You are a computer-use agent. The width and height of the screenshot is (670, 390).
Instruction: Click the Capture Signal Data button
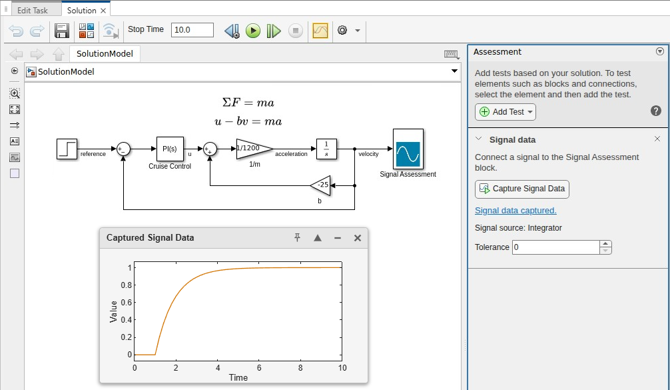[x=521, y=189]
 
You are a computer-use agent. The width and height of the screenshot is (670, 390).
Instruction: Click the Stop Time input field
[x=192, y=30]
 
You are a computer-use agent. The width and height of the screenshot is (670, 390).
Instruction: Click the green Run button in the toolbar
[x=252, y=31]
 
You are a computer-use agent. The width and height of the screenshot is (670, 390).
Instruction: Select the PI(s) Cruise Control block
[x=170, y=149]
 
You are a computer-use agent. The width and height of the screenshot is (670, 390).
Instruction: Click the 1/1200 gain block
[x=253, y=148]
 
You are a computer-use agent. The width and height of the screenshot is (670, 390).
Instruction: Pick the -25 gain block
[x=322, y=185]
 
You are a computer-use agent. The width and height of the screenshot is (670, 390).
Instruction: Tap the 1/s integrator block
[x=326, y=149]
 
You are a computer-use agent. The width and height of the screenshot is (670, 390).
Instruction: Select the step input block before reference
[x=67, y=149]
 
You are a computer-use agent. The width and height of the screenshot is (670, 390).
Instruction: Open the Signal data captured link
[x=515, y=211]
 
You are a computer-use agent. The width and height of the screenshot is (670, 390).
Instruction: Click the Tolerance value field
[x=555, y=247]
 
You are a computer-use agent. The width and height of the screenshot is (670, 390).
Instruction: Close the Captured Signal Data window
[x=358, y=238]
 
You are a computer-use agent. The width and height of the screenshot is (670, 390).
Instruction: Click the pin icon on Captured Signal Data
[x=298, y=238]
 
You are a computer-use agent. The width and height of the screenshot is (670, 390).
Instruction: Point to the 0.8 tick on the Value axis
[x=127, y=285]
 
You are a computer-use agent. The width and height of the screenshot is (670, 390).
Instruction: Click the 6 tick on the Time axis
[x=259, y=367]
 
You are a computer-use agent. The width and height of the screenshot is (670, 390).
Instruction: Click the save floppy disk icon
[x=62, y=31]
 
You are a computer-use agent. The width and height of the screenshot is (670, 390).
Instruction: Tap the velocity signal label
[x=368, y=154]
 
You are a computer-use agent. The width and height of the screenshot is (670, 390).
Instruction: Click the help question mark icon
[x=655, y=111]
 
